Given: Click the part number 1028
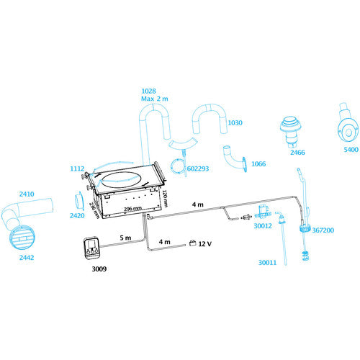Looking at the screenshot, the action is [148, 91].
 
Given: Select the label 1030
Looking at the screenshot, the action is [235, 123].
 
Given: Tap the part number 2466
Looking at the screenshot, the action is [297, 153].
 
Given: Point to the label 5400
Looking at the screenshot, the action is [351, 150].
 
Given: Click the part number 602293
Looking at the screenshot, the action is [198, 168].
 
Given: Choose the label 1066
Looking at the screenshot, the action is [258, 164].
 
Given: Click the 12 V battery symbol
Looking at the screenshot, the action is [192, 243].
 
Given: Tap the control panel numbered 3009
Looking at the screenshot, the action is [91, 248].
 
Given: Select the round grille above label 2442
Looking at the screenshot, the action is [23, 237].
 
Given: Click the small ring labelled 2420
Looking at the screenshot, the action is [78, 200].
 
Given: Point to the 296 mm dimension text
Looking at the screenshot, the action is [132, 209].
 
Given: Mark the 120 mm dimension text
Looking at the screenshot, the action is [165, 198].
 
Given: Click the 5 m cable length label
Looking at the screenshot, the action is [125, 238].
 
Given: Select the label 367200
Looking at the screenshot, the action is [323, 230].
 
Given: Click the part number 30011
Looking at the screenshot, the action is [267, 263].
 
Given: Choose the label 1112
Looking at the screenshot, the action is [77, 168].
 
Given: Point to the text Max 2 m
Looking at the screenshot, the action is [155, 99].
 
